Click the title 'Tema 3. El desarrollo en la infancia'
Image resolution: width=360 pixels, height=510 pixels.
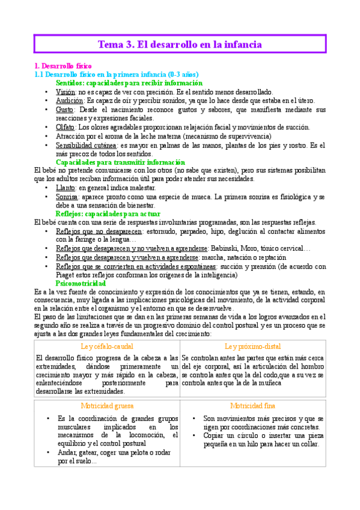pyautogui.click(x=180, y=45)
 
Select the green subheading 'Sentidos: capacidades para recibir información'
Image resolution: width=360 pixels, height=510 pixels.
pyautogui.click(x=129, y=82)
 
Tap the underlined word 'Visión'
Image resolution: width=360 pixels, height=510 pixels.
pyautogui.click(x=66, y=91)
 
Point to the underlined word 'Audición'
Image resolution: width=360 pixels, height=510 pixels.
pyautogui.click(x=69, y=100)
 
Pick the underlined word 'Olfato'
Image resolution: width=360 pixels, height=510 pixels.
pyautogui.click(x=65, y=127)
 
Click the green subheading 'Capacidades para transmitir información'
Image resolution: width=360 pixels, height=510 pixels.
pyautogui.click(x=120, y=162)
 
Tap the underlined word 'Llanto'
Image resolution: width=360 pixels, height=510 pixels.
pyautogui.click(x=66, y=188)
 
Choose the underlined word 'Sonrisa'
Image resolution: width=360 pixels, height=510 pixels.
pyautogui.click(x=67, y=197)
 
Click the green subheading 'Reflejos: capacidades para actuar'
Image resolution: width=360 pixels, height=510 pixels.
pyautogui.click(x=108, y=214)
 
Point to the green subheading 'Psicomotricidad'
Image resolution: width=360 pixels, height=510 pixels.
pyautogui.click(x=81, y=283)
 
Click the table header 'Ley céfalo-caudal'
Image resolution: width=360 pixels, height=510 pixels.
pyautogui.click(x=106, y=346)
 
